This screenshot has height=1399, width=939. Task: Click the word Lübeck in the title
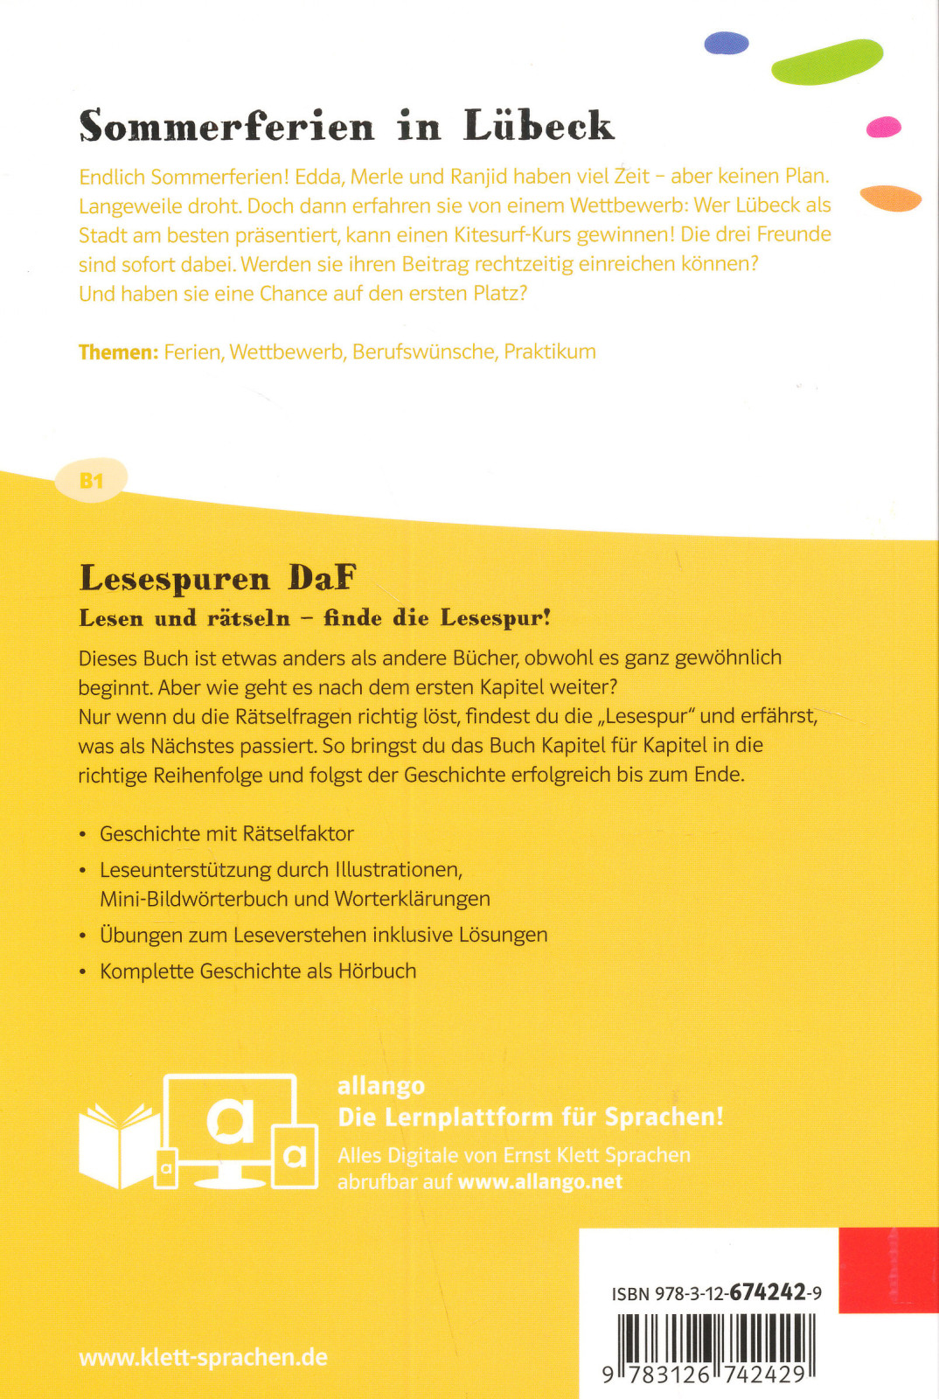(x=539, y=126)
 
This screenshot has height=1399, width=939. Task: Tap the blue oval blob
(x=727, y=43)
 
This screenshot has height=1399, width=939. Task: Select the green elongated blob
(x=826, y=61)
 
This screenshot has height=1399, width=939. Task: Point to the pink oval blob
(x=883, y=128)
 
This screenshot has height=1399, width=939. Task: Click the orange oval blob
(x=890, y=198)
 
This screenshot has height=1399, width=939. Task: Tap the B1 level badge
(x=92, y=480)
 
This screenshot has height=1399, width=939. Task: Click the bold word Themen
(x=118, y=352)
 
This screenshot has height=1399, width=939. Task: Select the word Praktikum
(x=550, y=351)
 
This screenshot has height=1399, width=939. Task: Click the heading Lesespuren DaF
(x=218, y=578)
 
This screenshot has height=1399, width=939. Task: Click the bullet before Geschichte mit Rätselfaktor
(x=83, y=835)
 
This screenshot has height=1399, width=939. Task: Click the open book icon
(x=118, y=1144)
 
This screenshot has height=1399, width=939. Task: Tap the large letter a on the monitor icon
(x=230, y=1122)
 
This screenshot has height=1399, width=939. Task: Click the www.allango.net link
(x=539, y=1182)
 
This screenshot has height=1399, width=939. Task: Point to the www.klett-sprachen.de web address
(x=203, y=1357)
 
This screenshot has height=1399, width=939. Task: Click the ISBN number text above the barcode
(x=716, y=1293)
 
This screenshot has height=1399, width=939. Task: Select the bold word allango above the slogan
(x=381, y=1086)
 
